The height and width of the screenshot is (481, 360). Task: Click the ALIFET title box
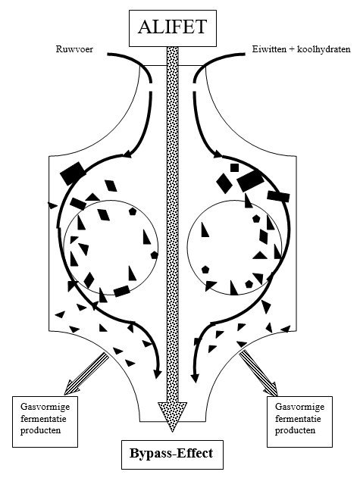coord(173,28)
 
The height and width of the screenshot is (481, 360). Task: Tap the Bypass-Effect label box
coord(172,454)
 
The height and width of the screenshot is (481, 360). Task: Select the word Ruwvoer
coord(74,49)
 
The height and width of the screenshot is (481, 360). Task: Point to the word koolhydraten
coord(324,49)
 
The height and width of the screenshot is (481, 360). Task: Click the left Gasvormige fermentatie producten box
coord(45,421)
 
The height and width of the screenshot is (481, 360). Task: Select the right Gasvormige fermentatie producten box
coord(299,421)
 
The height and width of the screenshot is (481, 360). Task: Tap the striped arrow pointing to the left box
coord(86,373)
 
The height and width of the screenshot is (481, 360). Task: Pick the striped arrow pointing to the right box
coord(258,373)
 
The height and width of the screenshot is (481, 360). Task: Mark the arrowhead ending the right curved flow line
coord(194,378)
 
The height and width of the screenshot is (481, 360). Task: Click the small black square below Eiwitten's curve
coord(234,167)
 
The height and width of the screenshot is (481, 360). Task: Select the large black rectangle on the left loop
coord(73,173)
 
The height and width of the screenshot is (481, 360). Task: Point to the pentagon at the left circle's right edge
coord(154,255)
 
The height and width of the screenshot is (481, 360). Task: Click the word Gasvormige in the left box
coord(45,407)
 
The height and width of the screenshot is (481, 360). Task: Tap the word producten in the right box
coord(295,430)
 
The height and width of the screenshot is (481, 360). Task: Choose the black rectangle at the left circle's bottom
coord(121,291)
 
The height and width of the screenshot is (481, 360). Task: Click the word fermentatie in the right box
coord(298,419)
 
